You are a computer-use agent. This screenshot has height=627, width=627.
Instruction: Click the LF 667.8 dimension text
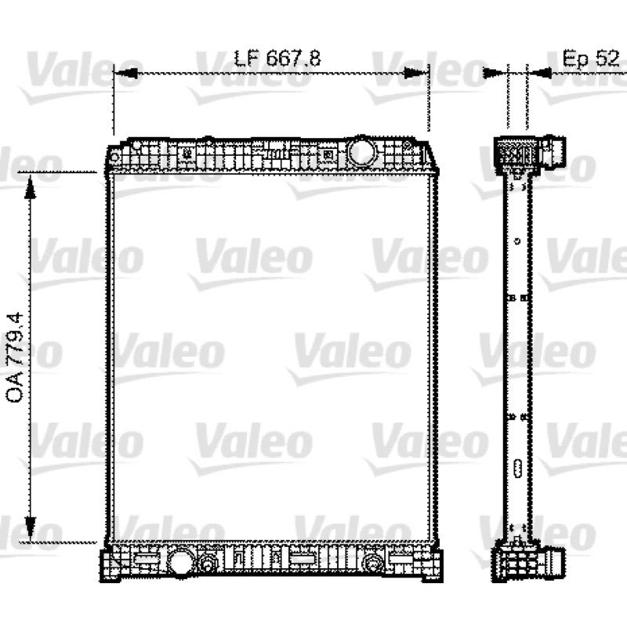coord(277,58)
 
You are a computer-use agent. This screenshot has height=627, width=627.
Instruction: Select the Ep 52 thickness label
coord(591,58)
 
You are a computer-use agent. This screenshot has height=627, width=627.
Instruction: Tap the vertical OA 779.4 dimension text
coord(15,357)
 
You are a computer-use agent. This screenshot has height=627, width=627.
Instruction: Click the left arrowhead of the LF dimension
coord(125,73)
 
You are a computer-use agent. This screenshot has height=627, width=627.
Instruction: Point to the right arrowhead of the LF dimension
coord(416,73)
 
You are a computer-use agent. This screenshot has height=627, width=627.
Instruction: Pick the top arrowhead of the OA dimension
coord(30,187)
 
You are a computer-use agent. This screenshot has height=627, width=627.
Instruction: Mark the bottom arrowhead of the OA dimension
coord(30,527)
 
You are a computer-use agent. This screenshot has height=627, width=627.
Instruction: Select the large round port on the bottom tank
coord(181,561)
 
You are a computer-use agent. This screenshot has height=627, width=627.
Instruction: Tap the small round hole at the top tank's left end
coord(114,158)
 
